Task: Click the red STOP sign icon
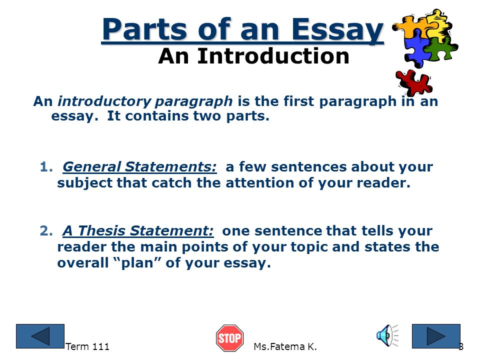[x=229, y=338]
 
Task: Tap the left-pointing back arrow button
[x=40, y=336]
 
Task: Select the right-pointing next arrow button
[x=436, y=336]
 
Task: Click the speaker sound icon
[x=387, y=335]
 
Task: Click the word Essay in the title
[x=337, y=30]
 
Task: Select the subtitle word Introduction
[x=273, y=56]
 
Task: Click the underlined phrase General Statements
[x=139, y=167]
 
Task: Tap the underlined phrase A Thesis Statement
[x=138, y=231]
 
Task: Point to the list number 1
[x=46, y=167]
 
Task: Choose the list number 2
[x=46, y=231]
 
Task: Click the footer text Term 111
[x=87, y=346]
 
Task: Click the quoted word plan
[x=137, y=263]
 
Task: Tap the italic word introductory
[x=104, y=101]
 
